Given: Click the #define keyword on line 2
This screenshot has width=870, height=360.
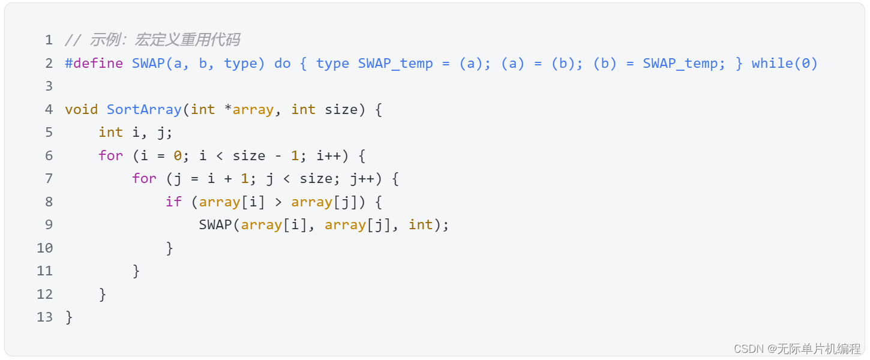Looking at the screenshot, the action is pos(94,64).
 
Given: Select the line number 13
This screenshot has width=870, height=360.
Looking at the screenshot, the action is pos(45,317).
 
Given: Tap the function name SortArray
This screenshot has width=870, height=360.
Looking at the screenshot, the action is pos(144,110).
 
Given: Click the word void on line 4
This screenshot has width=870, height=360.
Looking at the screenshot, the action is pos(81,110).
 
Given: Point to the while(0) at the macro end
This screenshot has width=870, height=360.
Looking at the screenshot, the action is pos(785,64).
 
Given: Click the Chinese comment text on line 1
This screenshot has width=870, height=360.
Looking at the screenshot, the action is pos(165,40).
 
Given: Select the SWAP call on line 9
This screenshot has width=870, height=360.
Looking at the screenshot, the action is pos(215,225).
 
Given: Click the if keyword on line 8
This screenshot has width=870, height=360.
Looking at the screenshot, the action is pos(173,202).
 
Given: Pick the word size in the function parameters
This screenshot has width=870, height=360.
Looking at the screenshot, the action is pos(341,110).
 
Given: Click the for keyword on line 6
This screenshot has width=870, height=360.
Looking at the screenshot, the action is pos(110,156).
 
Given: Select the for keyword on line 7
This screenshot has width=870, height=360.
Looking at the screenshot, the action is pos(144,179).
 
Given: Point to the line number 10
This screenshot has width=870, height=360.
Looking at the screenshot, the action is pos(45,248).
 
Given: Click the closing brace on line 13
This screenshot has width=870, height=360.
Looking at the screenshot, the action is pos(69,317).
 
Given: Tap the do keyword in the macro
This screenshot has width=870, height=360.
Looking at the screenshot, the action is pos(282,64).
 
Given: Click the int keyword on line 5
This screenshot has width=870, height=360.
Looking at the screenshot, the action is pos(110,133).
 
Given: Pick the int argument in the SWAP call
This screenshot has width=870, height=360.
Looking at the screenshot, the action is pos(421,225).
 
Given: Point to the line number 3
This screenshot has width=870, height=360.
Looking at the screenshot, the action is pos(49,86).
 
